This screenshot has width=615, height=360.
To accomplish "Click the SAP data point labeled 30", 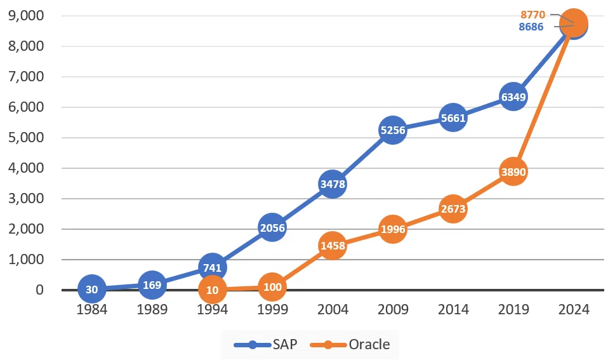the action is pos(92,290).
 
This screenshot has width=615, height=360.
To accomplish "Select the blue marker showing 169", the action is pos(152,285).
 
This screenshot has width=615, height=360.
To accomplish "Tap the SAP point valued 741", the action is pos(212,268).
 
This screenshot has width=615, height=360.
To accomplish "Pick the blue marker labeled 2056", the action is pos(272,228).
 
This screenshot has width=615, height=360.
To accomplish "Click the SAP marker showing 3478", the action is pos(333,184).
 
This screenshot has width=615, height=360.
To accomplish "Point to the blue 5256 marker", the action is pos(393,130).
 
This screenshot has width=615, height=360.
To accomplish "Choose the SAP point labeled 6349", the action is pos(513,97).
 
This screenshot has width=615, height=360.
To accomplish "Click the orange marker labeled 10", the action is pos(212,290).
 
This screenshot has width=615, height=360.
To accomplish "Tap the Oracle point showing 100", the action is pos(272,287).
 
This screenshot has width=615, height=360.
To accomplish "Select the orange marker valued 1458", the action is pos(333,246).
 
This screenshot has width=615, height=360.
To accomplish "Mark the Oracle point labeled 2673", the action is pos(453,209).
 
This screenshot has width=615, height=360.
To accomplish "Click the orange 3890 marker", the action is pos(513,171).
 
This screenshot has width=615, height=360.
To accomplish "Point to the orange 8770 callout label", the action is pos(532,15).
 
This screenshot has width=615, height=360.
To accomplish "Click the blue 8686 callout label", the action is pos(531,27).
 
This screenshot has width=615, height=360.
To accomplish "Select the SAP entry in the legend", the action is pos(265,345).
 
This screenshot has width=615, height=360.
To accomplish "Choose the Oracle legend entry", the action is pos(350,345).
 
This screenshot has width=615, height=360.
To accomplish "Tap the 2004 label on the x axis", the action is pos(333,309).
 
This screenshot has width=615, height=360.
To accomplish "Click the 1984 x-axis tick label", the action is pos(92,309).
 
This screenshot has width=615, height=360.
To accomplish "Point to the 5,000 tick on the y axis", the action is pos(26,137).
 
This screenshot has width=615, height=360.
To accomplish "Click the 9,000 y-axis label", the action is pos(26,16).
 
